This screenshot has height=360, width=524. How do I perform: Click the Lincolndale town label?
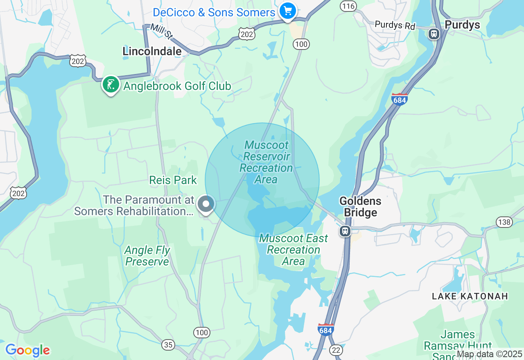coord(152,51)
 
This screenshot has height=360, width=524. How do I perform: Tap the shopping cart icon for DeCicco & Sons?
coord(288,11)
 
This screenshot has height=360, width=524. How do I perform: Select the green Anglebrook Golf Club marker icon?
coord(111,84)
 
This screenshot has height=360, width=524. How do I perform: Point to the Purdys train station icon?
coord(434,34)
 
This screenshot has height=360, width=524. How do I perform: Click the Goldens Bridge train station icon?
coord(345,231)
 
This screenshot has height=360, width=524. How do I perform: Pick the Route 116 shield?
coord(348,6)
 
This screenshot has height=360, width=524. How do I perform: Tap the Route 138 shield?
coord(504,222)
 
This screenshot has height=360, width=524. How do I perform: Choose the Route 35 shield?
coord(168,345)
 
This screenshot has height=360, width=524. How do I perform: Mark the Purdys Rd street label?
coord(395,25)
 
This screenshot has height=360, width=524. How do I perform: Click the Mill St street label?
coord(161,31)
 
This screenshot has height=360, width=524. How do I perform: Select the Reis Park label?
coord(173,180)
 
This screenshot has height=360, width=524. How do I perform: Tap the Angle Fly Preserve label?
coord(147,256)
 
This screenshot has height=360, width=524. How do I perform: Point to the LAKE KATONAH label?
coord(470,296)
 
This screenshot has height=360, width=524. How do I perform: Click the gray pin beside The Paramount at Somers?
coord(206,204)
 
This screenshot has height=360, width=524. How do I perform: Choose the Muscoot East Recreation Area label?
coord(294,250)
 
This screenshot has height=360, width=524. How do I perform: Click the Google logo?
coord(27,350)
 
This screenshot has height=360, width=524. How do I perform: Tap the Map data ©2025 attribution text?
coord(489,354)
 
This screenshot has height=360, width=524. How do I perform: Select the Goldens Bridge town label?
coord(360,207)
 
